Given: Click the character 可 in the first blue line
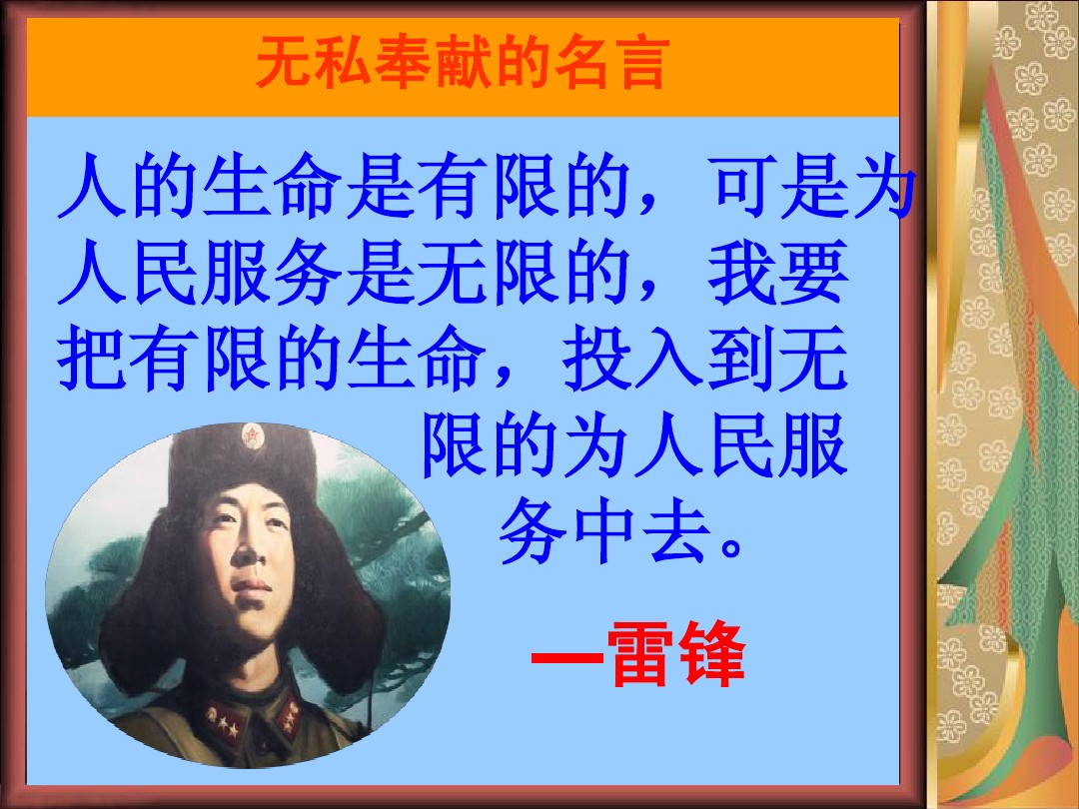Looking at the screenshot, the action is (745, 187).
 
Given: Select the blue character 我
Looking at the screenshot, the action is (741, 273).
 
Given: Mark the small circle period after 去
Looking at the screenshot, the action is (730, 548).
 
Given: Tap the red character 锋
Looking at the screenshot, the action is (711, 653).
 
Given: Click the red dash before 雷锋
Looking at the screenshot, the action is (567, 655).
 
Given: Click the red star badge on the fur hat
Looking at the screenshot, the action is (253, 436).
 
